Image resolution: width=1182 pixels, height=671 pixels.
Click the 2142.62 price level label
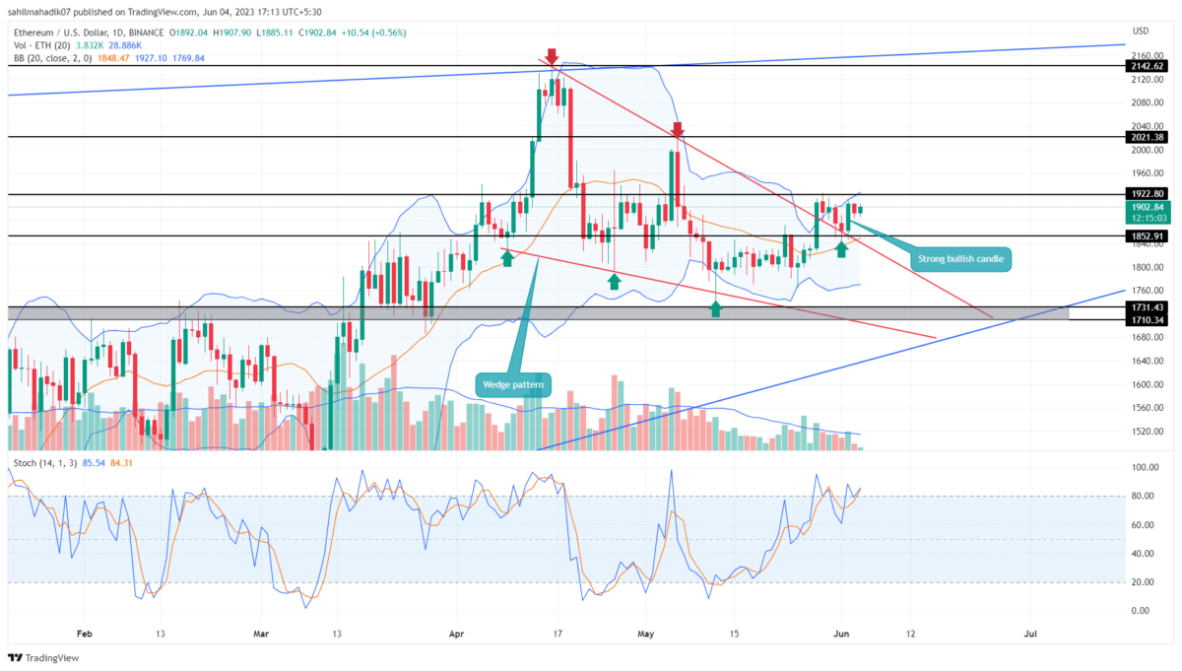(1149, 66)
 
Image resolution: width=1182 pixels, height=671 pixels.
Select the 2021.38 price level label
(1149, 137)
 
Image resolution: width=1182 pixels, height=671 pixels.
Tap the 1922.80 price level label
(1149, 194)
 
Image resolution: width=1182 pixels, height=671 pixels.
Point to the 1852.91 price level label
(1149, 236)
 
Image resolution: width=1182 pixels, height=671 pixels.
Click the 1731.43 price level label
(1149, 307)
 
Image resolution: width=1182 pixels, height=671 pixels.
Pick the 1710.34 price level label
(1149, 319)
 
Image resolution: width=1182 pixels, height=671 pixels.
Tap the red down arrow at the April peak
(552, 56)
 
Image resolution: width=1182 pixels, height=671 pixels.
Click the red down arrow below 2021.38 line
(678, 130)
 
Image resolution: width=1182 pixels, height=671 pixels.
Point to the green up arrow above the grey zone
(716, 309)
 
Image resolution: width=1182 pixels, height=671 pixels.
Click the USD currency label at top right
(1141, 31)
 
